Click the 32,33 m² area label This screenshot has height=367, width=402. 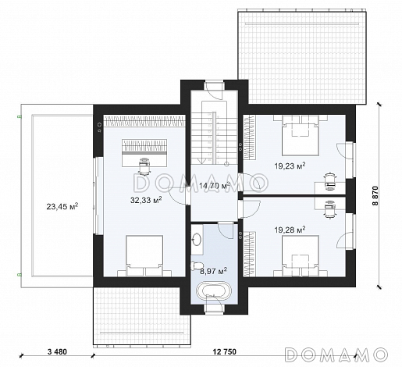point(146,200)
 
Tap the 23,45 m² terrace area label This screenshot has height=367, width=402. point(62,207)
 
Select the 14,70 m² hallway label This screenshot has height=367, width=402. point(215,185)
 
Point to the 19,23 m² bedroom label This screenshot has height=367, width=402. point(290,166)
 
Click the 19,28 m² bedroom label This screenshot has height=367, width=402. point(290,230)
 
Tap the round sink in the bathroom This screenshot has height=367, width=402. point(197,239)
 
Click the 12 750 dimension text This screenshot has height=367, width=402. point(225,352)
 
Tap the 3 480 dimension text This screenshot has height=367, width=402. point(57,352)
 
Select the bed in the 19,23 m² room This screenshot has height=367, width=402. point(301,135)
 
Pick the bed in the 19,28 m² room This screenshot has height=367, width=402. point(301,256)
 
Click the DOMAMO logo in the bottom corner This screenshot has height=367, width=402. point(336,354)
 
